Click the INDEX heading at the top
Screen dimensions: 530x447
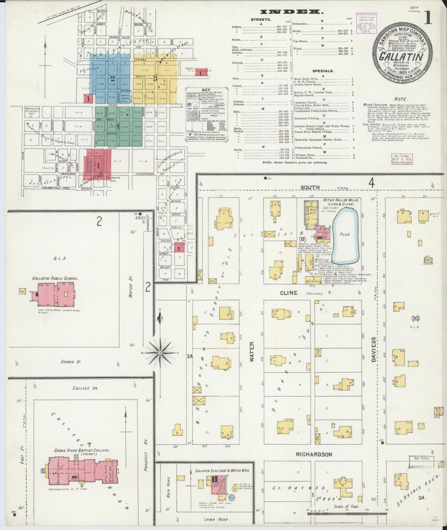point(292,12)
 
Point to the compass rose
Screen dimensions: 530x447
point(160,353)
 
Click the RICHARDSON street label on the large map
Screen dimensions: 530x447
point(314,455)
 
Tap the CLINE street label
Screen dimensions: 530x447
point(288,293)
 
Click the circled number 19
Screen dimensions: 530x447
point(303,239)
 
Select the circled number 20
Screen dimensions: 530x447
point(415,318)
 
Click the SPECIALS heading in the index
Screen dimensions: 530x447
point(323,71)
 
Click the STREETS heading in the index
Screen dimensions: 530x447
point(260,20)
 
